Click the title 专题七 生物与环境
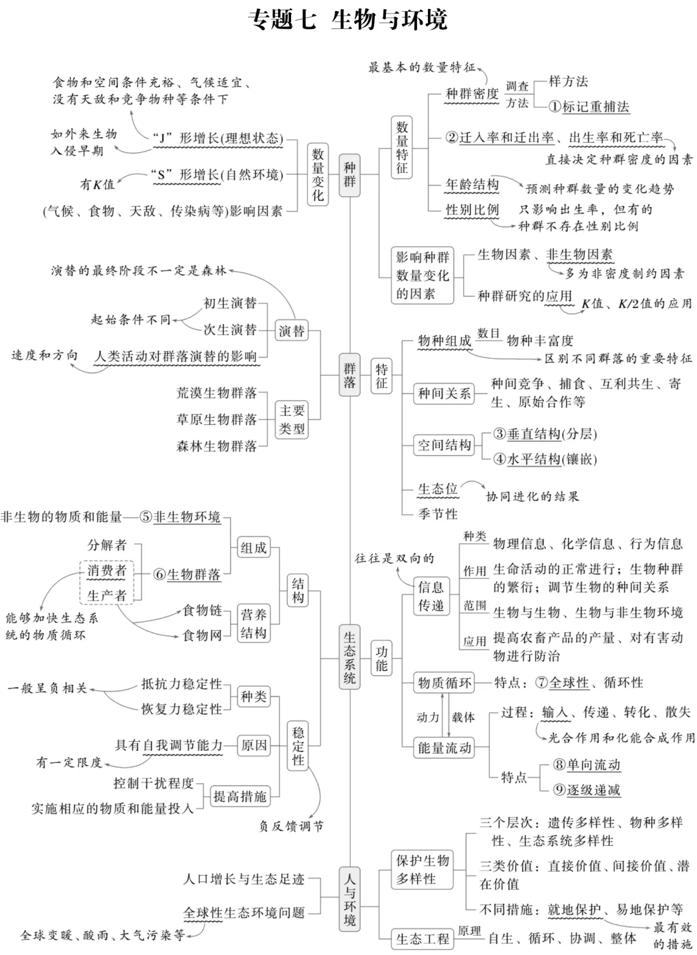pos(348,20)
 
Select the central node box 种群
pos(349,175)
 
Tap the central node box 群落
pos(349,375)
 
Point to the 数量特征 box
pos(402,148)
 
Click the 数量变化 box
pos(318,174)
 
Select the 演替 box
pos(291,331)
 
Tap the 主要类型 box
pos(292,419)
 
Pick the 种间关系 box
pos(444,393)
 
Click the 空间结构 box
pos(444,445)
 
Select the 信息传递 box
pos(430,596)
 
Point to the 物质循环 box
pos(444,683)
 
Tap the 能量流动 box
pos(444,748)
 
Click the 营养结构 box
pos(254,624)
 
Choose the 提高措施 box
pos(239,797)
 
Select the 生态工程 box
pos(422,939)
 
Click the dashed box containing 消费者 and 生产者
pos(107,582)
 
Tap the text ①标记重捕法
pos(589,107)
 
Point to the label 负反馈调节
pos(292,826)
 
